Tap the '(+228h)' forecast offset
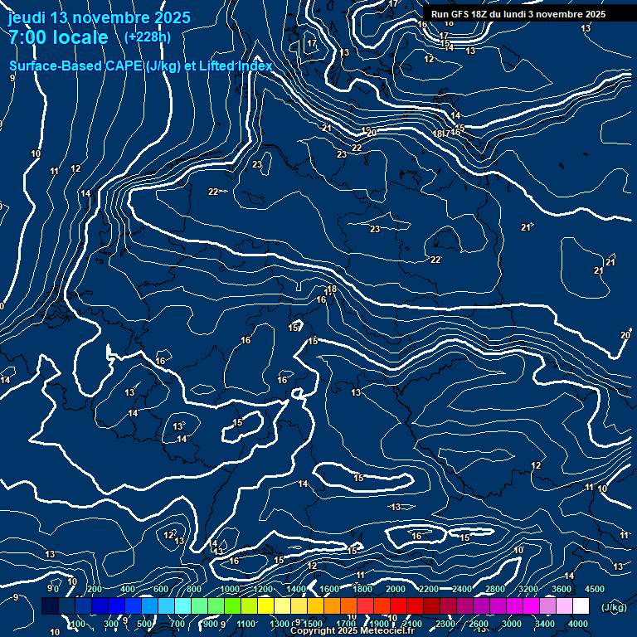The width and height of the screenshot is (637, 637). pyautogui.click(x=148, y=37)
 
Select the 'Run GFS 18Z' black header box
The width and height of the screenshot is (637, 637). pyautogui.click(x=518, y=14)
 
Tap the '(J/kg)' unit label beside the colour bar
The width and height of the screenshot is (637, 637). pyautogui.click(x=614, y=607)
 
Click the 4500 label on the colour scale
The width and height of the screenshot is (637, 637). pyautogui.click(x=595, y=589)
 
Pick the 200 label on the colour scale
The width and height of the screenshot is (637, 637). pyautogui.click(x=95, y=589)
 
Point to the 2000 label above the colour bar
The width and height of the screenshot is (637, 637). pyautogui.click(x=396, y=589)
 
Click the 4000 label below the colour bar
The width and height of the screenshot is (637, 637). pyautogui.click(x=578, y=624)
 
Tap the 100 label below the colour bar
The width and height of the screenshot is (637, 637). pyautogui.click(x=77, y=624)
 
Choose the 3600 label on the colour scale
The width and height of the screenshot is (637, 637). pyautogui.click(x=562, y=589)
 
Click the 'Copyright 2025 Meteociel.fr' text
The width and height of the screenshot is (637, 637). pyautogui.click(x=351, y=631)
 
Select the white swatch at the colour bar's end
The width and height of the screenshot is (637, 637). pyautogui.click(x=581, y=606)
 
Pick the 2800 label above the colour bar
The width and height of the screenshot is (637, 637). pyautogui.click(x=495, y=589)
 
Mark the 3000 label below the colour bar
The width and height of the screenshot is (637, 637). pyautogui.click(x=512, y=624)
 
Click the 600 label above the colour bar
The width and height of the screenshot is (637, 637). pyautogui.click(x=162, y=589)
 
